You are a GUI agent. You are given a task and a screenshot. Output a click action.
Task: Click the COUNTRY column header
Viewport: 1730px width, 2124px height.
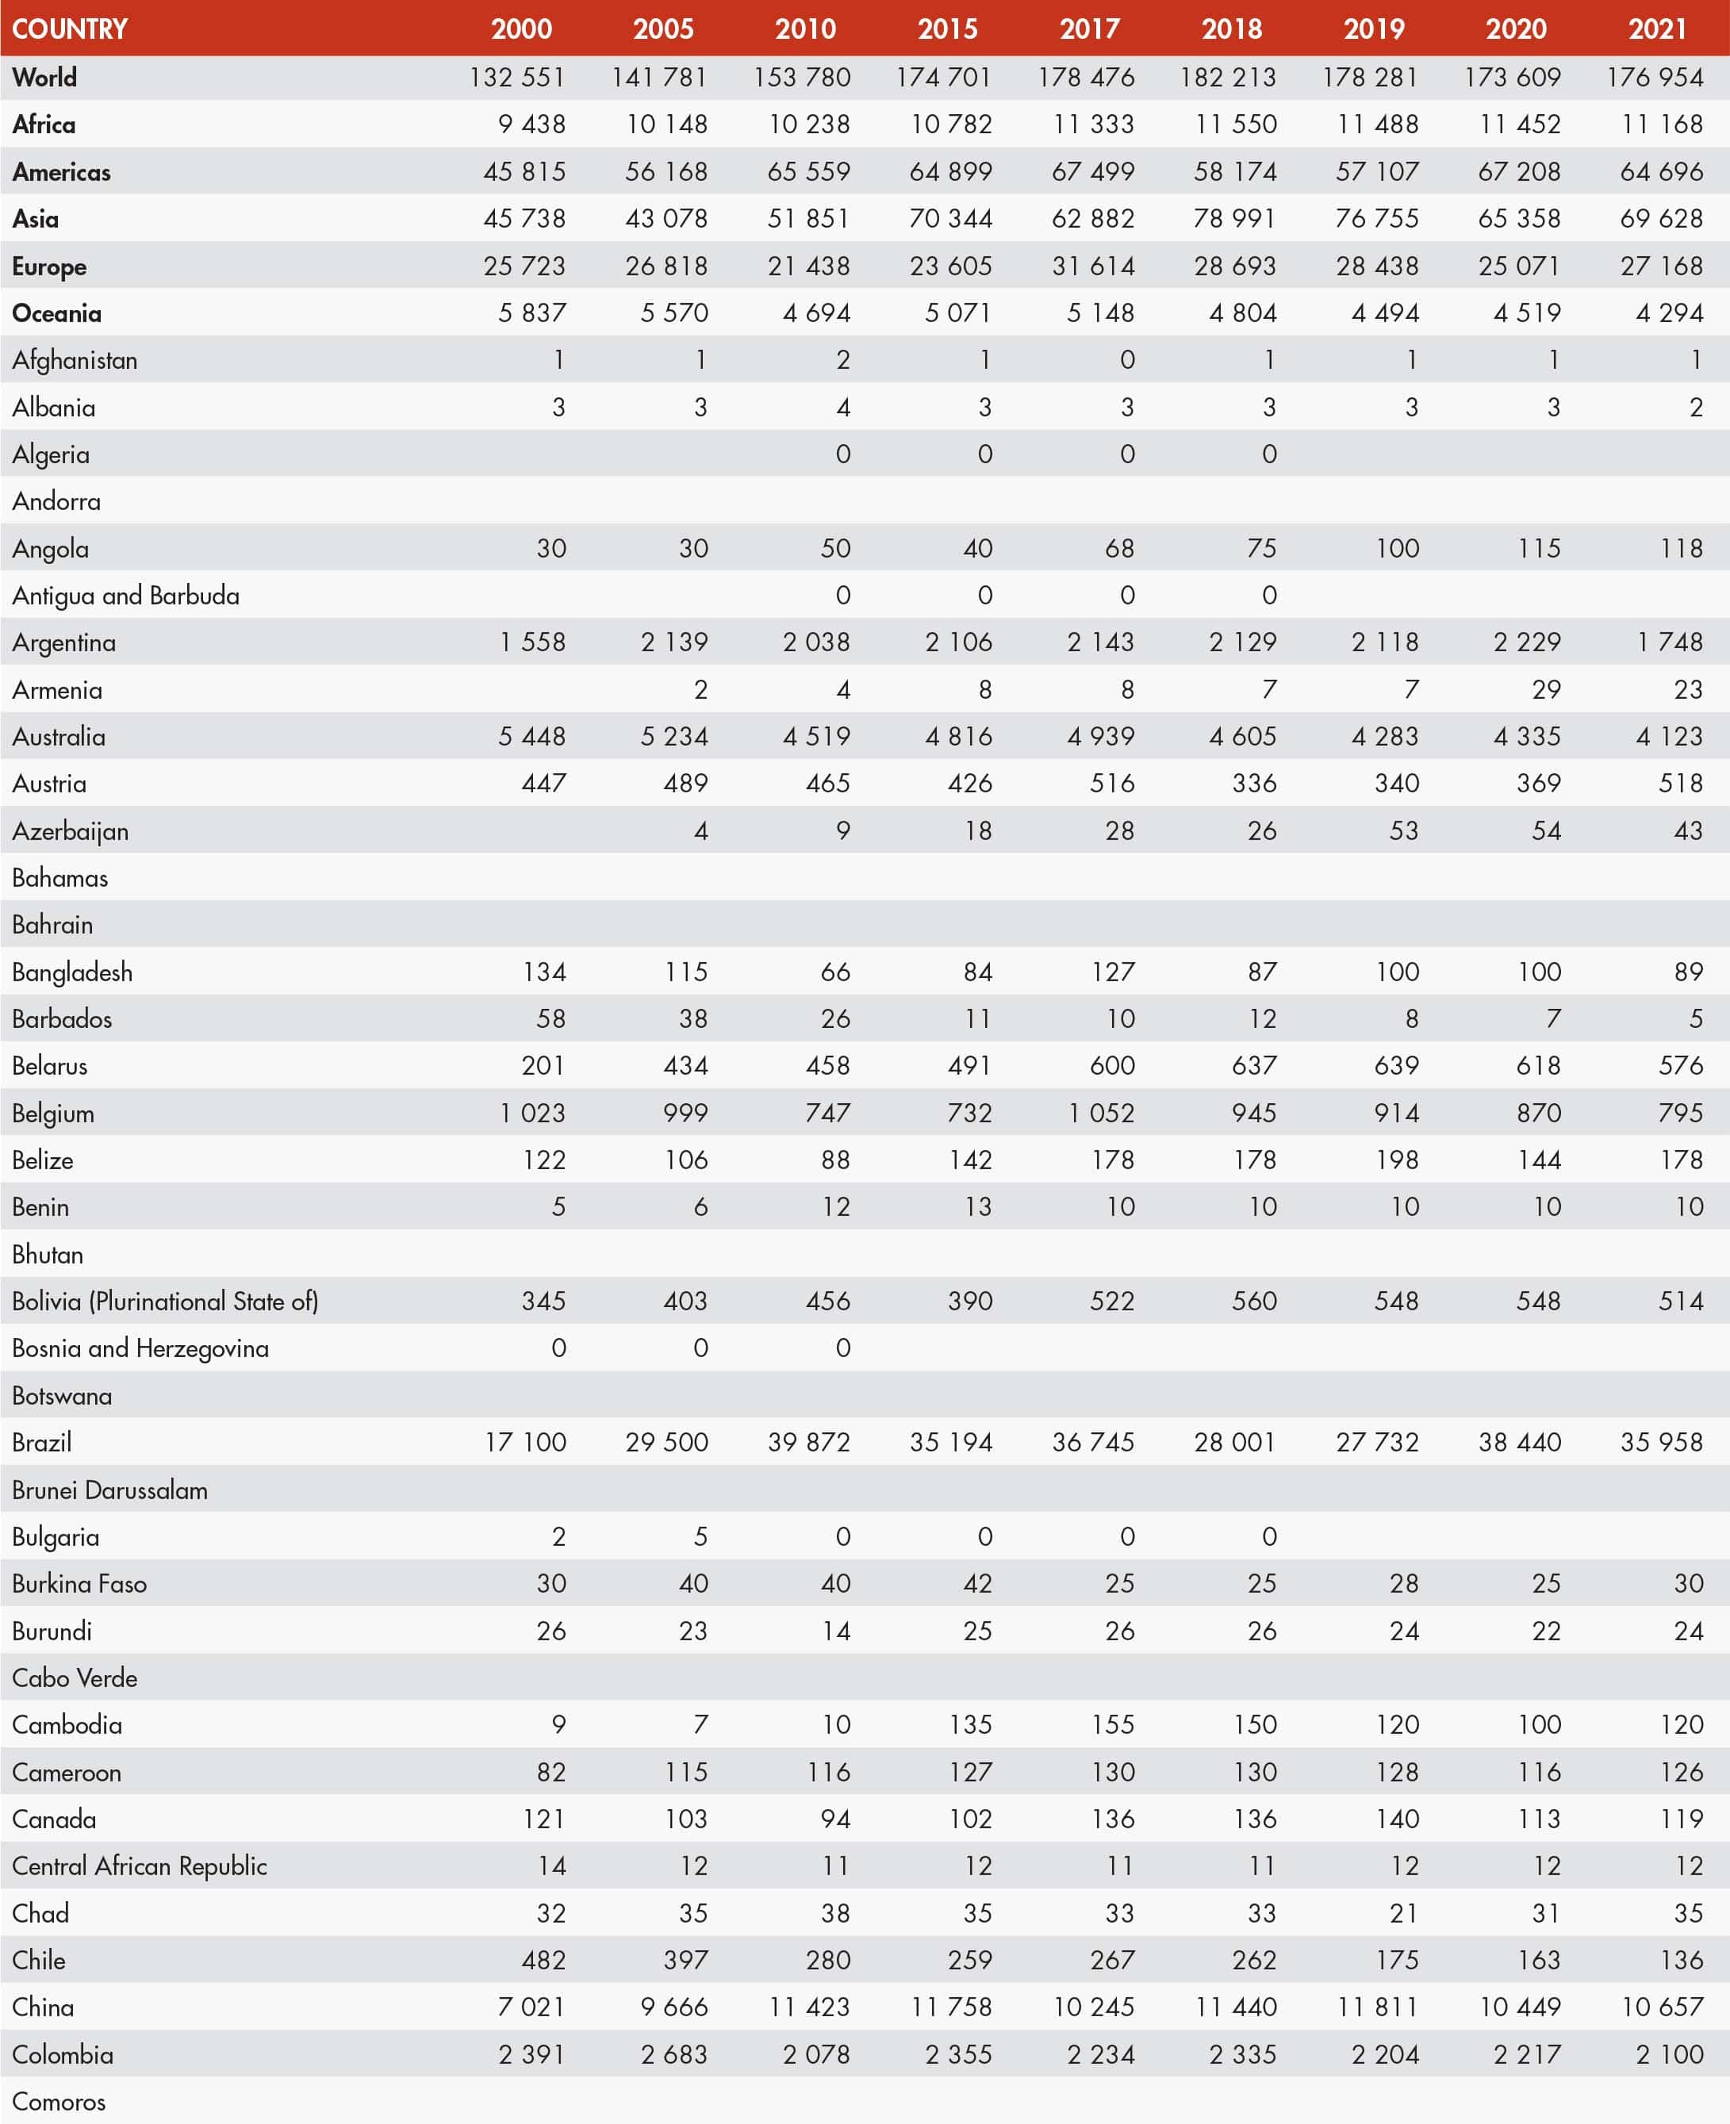pos(70,29)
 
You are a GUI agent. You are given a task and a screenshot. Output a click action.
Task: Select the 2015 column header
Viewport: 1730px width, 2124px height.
pos(947,29)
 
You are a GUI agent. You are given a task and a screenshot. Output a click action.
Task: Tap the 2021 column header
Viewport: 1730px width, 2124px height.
pos(1657,29)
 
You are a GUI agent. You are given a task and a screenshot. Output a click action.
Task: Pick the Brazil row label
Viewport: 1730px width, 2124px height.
pos(42,1443)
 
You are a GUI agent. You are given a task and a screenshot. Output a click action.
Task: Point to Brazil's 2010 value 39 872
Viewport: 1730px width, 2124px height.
pos(808,1443)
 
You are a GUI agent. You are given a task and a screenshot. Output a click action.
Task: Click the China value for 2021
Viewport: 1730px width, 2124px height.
pos(1661,2007)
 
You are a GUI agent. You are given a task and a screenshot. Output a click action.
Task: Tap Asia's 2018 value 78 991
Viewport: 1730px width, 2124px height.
pos(1235,219)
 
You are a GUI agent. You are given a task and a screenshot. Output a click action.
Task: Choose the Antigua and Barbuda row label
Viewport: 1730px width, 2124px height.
pos(125,596)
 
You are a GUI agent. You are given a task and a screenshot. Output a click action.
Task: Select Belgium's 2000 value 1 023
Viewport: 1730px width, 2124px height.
pos(532,1113)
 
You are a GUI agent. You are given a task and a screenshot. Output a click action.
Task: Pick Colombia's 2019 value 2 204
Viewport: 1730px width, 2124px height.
pos(1384,2054)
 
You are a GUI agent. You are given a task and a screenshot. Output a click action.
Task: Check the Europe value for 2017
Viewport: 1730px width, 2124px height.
pos(1092,266)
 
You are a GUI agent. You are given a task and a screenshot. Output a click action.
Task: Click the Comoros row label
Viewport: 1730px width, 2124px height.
pos(59,2102)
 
